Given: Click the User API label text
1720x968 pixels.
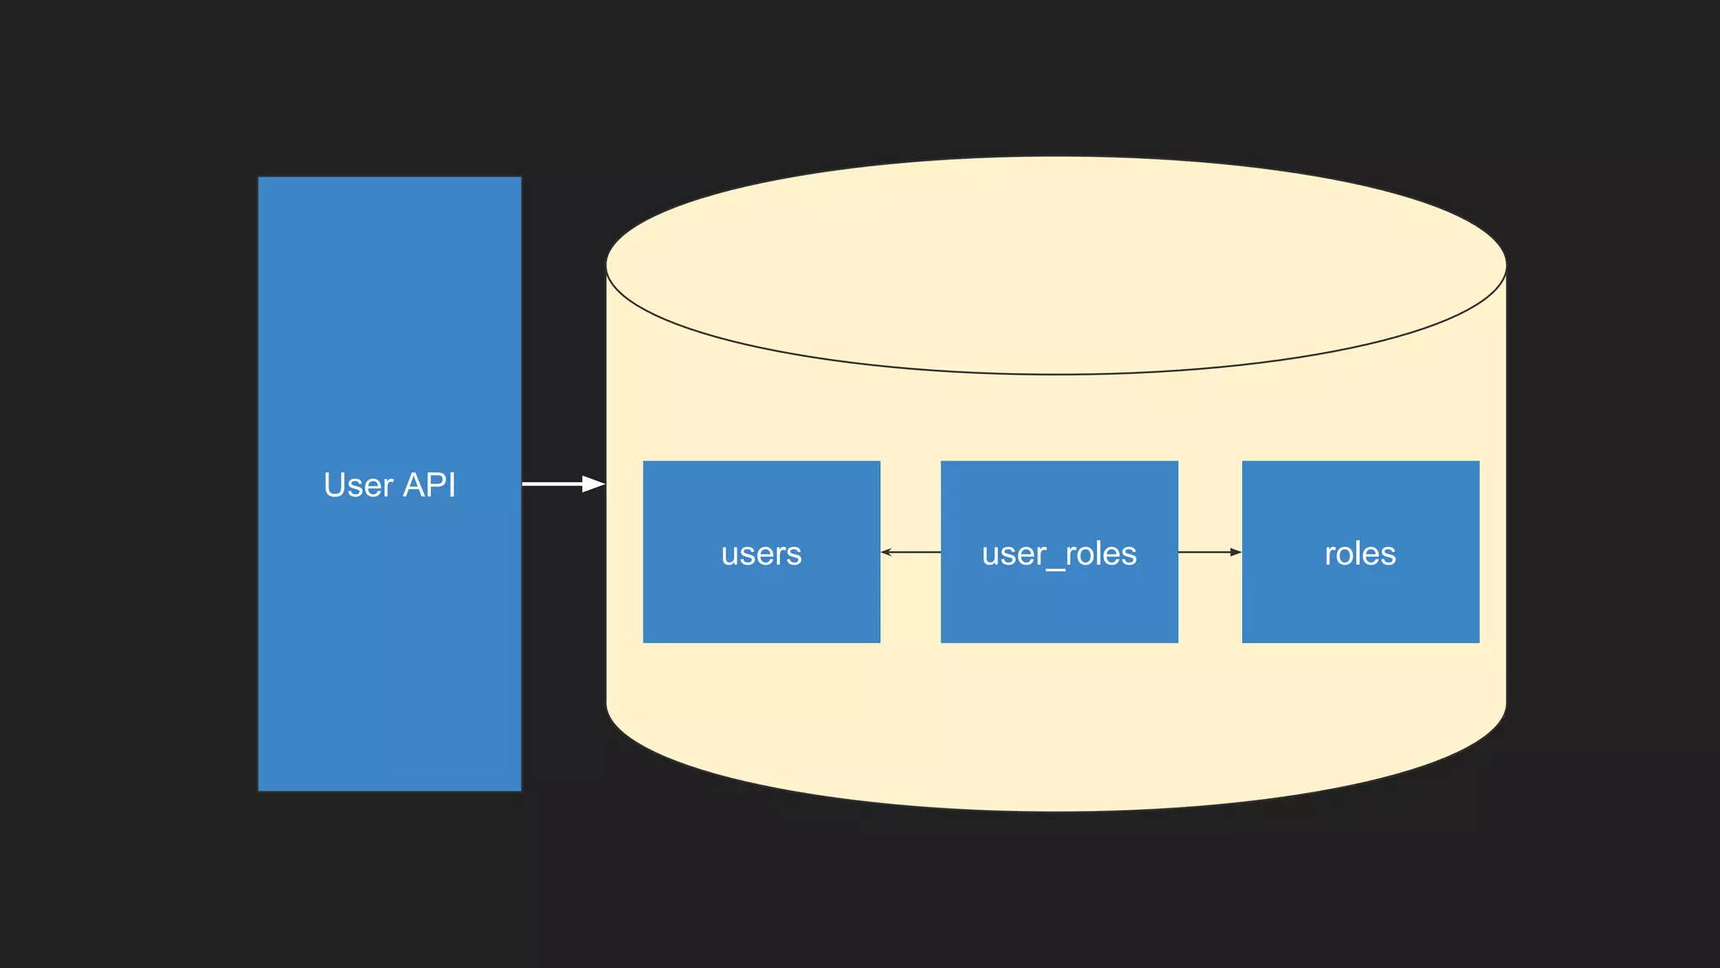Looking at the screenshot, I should pyautogui.click(x=389, y=485).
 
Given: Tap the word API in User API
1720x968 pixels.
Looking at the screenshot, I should pyautogui.click(x=429, y=485).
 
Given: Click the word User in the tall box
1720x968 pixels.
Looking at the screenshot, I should pyautogui.click(x=359, y=485).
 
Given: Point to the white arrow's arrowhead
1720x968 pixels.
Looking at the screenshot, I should pyautogui.click(x=595, y=484).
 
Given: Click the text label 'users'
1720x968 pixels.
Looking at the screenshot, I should pyautogui.click(x=761, y=554).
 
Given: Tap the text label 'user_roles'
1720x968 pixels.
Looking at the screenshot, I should pyautogui.click(x=1059, y=554).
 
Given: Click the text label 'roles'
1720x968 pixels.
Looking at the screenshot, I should pyautogui.click(x=1360, y=554).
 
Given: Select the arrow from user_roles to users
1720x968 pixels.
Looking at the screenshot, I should pyautogui.click(x=911, y=552).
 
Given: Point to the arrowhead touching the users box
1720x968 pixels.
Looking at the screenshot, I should pyautogui.click(x=886, y=552).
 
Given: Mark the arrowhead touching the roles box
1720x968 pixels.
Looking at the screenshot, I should pyautogui.click(x=1235, y=552).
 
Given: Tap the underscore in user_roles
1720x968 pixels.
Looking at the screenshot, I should pyautogui.click(x=1055, y=569).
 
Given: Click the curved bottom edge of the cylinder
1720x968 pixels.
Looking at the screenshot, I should pyautogui.click(x=1056, y=810).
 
